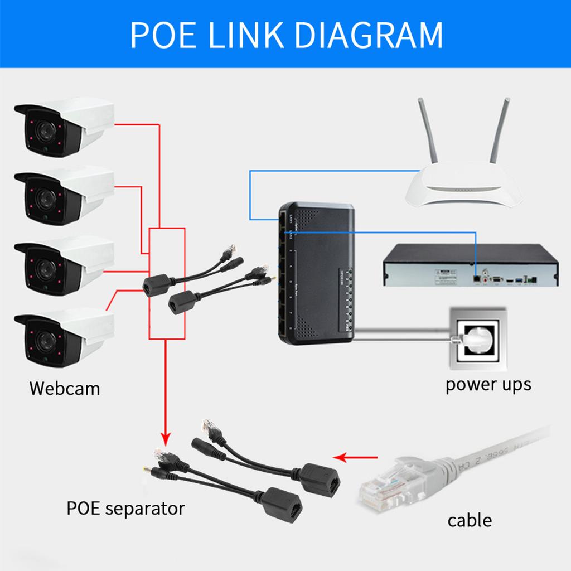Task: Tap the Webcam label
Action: click(65, 388)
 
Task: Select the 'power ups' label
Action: click(488, 384)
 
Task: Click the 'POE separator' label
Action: click(125, 508)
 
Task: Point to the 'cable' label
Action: click(470, 520)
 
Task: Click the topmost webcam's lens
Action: click(41, 133)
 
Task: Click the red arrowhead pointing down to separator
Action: click(165, 435)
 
